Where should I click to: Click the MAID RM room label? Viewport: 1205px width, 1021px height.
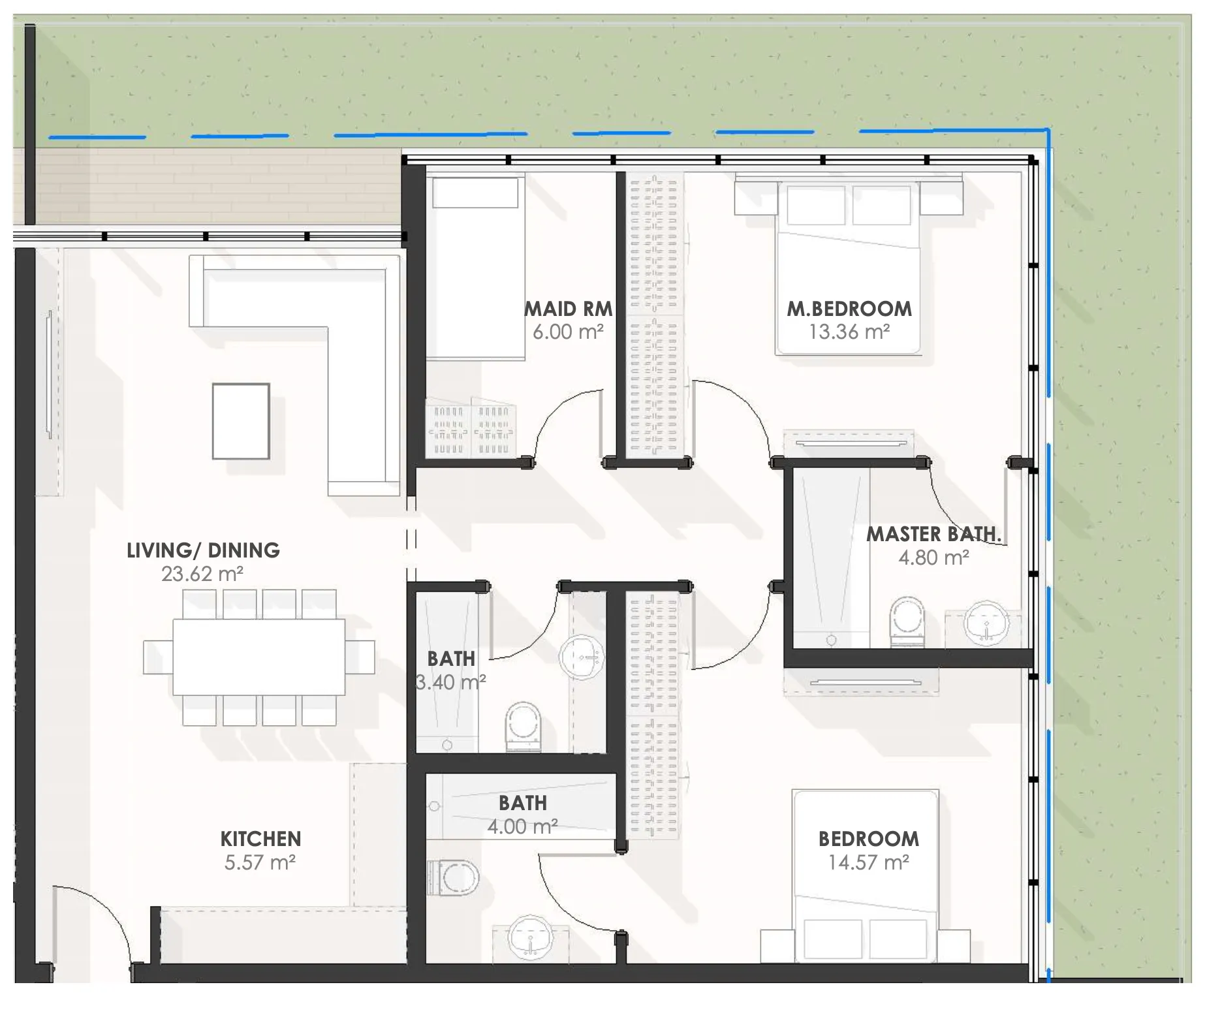click(568, 308)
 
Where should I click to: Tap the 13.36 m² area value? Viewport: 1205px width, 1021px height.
click(849, 332)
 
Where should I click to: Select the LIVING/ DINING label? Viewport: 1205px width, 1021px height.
click(203, 550)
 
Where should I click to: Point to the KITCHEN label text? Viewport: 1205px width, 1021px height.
click(260, 839)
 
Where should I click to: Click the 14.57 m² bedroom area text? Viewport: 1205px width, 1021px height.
click(868, 862)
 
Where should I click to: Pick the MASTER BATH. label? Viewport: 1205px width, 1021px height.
click(933, 534)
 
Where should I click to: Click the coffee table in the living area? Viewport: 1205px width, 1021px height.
click(240, 421)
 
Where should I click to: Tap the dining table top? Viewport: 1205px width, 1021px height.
click(258, 657)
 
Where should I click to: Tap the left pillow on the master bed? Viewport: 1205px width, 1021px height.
click(815, 206)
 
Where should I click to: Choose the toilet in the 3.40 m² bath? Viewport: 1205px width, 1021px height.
click(524, 726)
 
